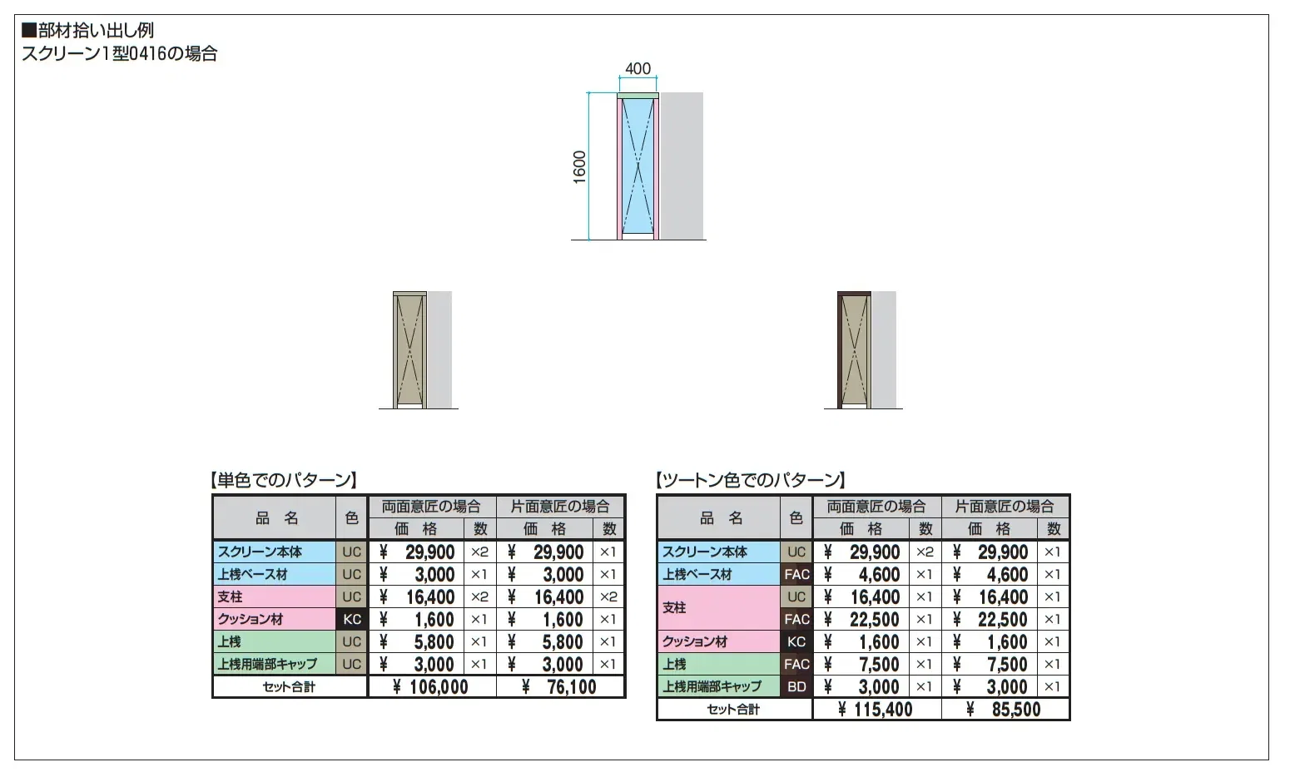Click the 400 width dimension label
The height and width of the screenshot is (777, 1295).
(x=638, y=69)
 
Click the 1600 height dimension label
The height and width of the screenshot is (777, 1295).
(x=579, y=167)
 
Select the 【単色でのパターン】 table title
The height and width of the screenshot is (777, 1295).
(x=283, y=479)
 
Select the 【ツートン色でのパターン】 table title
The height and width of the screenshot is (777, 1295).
(x=751, y=479)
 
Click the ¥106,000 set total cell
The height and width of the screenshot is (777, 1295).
(x=431, y=686)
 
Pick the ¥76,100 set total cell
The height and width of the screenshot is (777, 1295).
(x=559, y=686)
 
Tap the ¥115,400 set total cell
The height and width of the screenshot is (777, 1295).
(x=876, y=709)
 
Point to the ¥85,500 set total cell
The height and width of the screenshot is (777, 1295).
(x=1005, y=709)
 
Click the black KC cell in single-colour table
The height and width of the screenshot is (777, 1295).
(x=351, y=619)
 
